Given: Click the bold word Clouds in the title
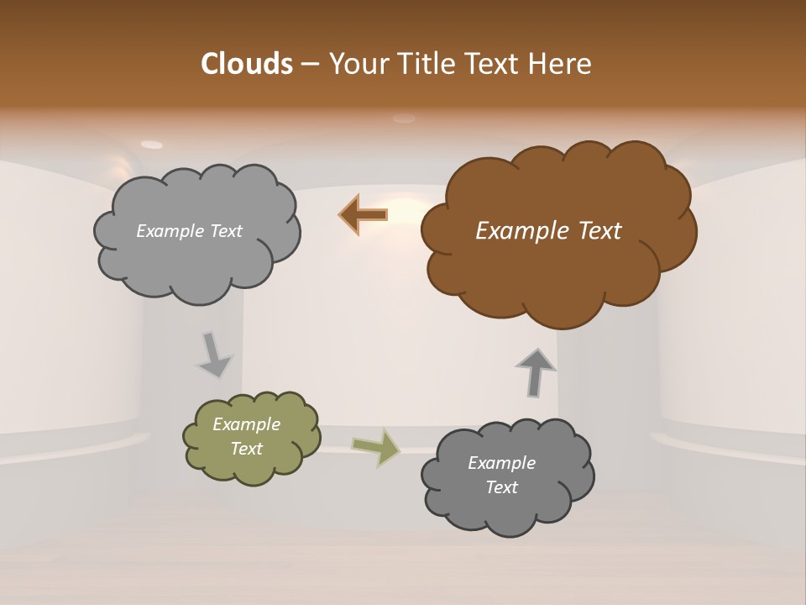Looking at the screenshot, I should (247, 64).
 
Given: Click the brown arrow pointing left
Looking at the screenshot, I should (364, 215).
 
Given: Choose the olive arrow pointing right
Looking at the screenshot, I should (375, 446).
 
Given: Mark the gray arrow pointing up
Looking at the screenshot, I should (536, 371).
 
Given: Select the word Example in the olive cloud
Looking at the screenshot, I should (247, 424).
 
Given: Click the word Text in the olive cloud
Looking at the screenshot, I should (247, 449).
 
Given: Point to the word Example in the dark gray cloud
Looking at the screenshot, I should (501, 463).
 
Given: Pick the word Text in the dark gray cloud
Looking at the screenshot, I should (501, 487).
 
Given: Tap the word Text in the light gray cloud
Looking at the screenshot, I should (225, 231).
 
